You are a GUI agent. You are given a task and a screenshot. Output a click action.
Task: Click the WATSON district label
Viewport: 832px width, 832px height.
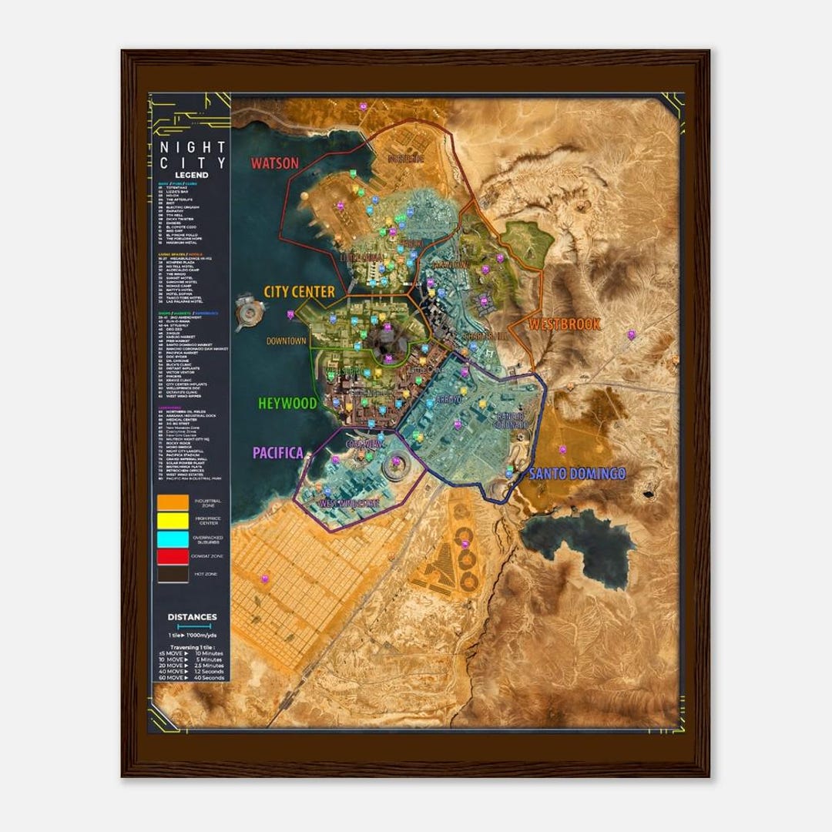click(273, 163)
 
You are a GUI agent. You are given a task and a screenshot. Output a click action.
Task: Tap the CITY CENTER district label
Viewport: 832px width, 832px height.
click(299, 292)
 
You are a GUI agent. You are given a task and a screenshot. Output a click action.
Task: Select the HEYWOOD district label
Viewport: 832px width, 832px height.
click(287, 403)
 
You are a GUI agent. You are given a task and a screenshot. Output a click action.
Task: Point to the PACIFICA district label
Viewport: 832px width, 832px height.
click(277, 453)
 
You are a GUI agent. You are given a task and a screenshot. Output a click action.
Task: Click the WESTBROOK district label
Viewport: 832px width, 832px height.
click(565, 324)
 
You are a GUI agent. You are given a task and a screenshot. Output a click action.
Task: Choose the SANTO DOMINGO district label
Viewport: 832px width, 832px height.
click(576, 474)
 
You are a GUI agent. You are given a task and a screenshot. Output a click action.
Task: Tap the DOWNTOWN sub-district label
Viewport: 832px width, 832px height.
click(287, 341)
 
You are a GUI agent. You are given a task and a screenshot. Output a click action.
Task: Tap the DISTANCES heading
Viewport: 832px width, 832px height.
click(192, 617)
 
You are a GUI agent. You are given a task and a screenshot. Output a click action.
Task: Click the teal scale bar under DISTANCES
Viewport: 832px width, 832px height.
click(192, 627)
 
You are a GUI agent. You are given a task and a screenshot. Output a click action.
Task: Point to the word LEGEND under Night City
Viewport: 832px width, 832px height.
click(191, 175)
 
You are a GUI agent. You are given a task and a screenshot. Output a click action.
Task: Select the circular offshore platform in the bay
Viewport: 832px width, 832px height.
click(250, 311)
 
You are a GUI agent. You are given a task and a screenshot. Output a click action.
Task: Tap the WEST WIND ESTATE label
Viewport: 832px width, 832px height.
click(349, 503)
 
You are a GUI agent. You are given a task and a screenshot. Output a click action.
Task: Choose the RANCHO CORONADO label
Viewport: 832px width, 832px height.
click(511, 420)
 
